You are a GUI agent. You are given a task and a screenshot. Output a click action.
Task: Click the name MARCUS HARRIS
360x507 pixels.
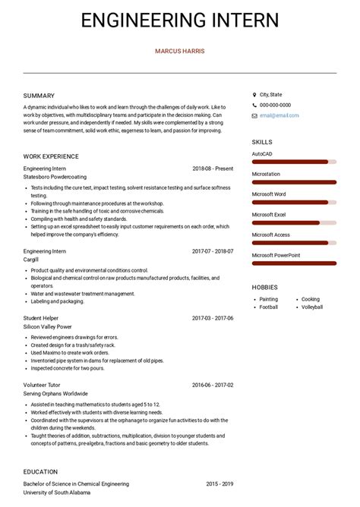179,52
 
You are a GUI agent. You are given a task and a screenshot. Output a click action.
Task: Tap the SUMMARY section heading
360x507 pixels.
39,96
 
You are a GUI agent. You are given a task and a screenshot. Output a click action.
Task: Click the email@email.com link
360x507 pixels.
279,115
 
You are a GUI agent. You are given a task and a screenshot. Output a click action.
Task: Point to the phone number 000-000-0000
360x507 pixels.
275,105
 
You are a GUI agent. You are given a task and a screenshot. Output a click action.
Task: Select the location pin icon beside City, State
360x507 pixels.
254,95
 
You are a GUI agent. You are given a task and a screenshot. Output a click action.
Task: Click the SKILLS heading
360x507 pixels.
262,142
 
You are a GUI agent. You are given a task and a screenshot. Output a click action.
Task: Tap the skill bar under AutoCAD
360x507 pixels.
293,162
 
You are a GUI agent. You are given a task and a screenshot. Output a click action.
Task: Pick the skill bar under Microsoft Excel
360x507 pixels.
293,222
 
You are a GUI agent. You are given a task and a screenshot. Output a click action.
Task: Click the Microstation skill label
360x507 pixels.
266,174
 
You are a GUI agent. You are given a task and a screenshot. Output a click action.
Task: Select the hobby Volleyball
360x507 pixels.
312,307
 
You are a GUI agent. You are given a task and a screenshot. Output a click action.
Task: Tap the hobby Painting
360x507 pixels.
269,299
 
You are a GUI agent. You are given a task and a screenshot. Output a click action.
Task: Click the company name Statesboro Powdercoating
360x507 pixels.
55,177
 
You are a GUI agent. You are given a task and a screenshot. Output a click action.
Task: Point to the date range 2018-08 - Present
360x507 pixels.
213,168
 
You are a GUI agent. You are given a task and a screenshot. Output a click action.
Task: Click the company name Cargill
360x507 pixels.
32,259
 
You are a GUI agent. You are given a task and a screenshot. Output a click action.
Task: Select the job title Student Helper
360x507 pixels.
41,318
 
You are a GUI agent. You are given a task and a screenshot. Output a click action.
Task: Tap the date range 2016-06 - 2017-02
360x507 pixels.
213,386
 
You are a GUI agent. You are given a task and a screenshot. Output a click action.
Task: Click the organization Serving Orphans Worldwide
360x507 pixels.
55,394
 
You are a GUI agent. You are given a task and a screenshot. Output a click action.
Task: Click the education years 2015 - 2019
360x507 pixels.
219,483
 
